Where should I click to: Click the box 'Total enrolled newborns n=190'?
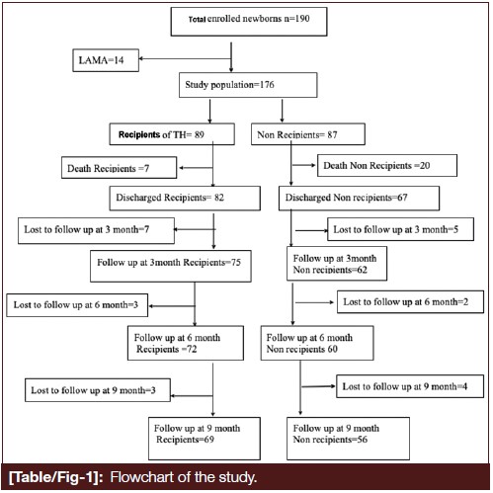point(249,22)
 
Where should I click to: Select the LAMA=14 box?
point(106,60)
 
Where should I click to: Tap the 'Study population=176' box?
point(248,85)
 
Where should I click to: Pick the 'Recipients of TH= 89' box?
point(172,134)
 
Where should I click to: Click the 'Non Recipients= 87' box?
point(308,134)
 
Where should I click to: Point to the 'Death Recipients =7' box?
point(119,168)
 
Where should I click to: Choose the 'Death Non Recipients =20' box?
point(387,165)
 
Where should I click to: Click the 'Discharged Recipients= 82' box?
point(185,198)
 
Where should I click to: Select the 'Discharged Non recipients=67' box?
point(359,198)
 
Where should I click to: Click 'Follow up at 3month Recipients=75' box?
point(171,266)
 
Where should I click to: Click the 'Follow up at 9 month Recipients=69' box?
point(205,439)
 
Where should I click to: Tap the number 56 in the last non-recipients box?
point(363,440)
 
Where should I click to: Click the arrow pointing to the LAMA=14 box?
point(185,59)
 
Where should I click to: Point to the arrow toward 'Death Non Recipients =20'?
point(303,165)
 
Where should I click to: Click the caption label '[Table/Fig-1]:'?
point(56,477)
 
